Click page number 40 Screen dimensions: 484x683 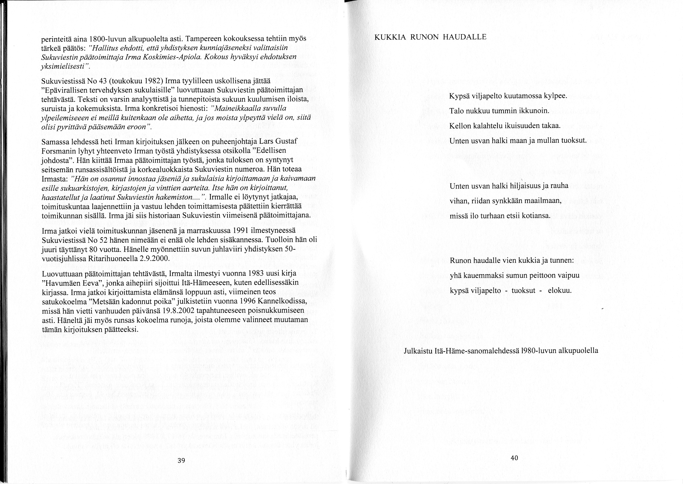[x=514, y=458]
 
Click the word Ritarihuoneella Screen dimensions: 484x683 [x=114, y=258]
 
